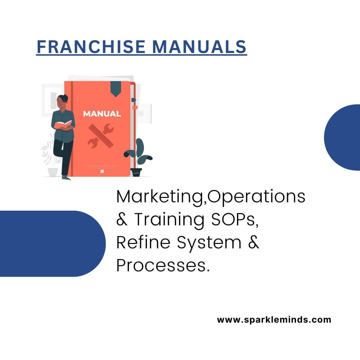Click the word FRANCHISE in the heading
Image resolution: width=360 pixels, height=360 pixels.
click(91, 47)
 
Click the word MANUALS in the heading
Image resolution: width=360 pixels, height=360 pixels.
click(199, 47)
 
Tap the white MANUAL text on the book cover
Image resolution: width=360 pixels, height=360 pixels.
click(102, 114)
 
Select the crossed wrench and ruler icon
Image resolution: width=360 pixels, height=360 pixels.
click(101, 136)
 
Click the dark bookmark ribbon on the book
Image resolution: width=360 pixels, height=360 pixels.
click(116, 89)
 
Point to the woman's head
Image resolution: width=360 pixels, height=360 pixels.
click(62, 101)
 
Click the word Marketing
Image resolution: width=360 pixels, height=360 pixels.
click(160, 197)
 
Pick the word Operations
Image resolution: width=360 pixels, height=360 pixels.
click(257, 197)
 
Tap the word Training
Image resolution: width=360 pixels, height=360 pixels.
click(169, 220)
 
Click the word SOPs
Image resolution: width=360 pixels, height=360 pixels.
click(235, 219)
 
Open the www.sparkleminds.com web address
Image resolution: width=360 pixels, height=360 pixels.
click(274, 320)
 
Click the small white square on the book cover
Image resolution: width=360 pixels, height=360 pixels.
click(102, 171)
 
